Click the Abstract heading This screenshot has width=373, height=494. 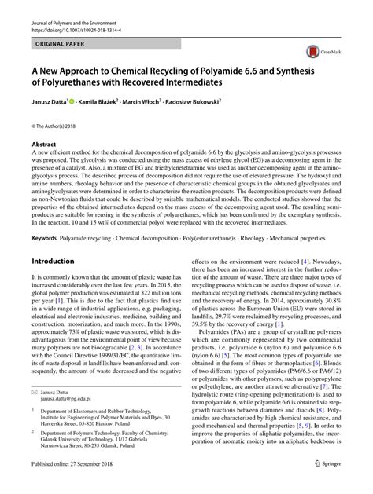tap(43, 145)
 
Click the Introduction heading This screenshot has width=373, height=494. tap(52, 259)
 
